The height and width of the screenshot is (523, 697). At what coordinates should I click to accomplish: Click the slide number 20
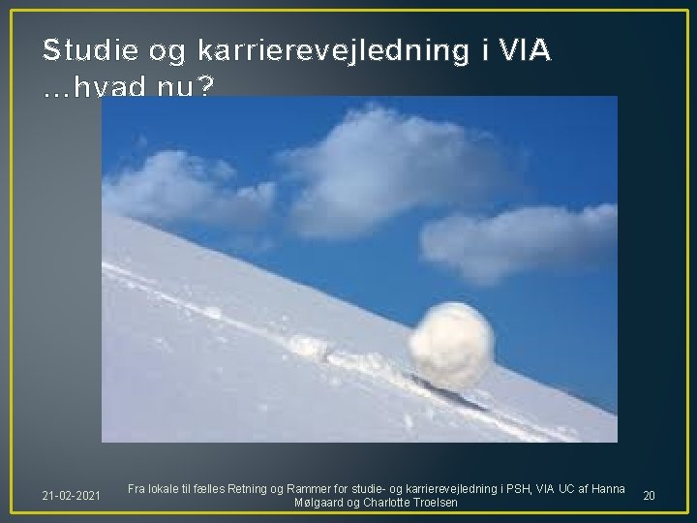649,496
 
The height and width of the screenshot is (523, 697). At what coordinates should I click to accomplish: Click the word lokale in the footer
168,487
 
